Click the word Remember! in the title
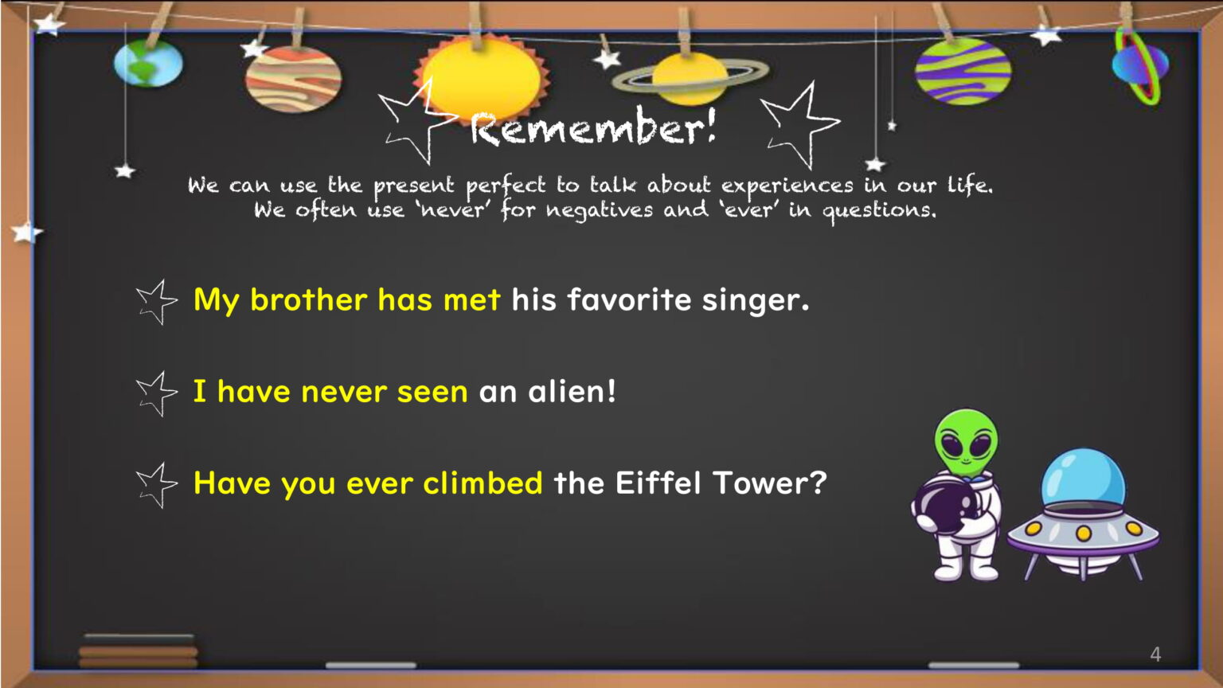(593, 127)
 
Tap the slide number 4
(1155, 654)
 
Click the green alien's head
(966, 442)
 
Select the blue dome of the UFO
(1083, 477)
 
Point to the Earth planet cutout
(148, 63)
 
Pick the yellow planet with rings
(690, 78)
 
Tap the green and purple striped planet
(963, 71)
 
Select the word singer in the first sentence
(756, 299)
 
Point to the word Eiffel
(658, 482)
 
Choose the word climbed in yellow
(483, 482)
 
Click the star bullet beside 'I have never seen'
(156, 393)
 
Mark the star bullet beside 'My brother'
(156, 302)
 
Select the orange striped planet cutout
(293, 79)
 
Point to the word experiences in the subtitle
(787, 186)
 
